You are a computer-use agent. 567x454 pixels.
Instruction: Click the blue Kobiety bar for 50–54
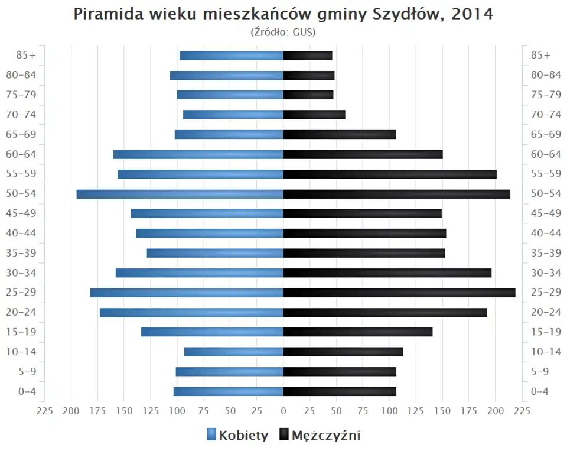[180, 194]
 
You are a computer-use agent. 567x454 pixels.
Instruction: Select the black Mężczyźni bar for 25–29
[399, 293]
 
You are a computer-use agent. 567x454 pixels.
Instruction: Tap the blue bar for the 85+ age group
[232, 56]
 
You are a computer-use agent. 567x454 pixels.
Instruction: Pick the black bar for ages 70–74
[314, 115]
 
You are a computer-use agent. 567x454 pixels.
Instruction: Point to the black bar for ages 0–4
[340, 391]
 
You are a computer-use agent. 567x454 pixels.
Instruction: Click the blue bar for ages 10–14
[234, 352]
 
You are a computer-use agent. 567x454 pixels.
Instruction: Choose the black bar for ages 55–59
[390, 174]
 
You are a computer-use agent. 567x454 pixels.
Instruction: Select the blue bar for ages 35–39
[215, 253]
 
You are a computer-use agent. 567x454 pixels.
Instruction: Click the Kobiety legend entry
[237, 436]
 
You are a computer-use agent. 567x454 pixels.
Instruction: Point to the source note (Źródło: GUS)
[283, 32]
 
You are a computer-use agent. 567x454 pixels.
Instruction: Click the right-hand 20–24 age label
[546, 312]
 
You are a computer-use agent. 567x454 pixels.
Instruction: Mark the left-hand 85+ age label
[27, 56]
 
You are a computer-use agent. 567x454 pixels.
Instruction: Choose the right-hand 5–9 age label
[541, 372]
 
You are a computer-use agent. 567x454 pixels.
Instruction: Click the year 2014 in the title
[471, 14]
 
